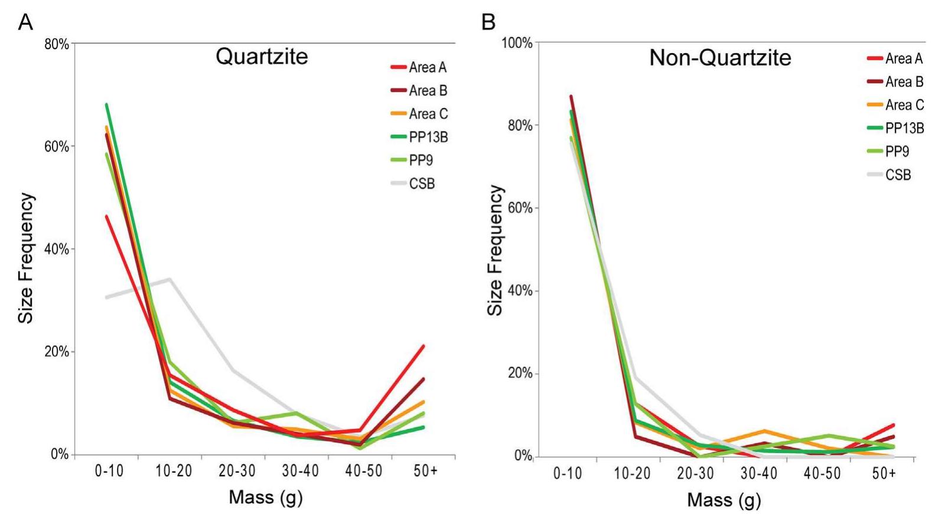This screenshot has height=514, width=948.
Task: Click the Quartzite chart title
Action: [x=262, y=57]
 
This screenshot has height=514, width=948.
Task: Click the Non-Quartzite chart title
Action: [x=719, y=58]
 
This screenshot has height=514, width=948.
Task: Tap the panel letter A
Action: [x=25, y=22]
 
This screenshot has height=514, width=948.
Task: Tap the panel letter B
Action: [x=488, y=22]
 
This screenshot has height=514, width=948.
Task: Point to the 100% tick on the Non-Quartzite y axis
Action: [x=517, y=43]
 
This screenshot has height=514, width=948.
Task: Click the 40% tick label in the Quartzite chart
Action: [x=57, y=249]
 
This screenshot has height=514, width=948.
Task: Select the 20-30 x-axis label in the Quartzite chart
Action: [x=237, y=471]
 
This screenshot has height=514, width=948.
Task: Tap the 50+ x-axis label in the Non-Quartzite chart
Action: [x=884, y=473]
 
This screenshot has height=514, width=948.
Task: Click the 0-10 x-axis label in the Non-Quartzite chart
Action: [x=567, y=473]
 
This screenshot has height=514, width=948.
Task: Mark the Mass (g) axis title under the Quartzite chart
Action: [x=265, y=497]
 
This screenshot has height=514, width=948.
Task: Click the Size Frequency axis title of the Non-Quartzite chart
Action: [x=495, y=250]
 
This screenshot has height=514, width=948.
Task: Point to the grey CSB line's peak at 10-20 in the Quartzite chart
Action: [x=171, y=279]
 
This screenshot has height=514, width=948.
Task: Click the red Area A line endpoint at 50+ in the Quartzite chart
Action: [x=423, y=346]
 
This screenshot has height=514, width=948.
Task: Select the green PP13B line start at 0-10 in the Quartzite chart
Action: [x=107, y=104]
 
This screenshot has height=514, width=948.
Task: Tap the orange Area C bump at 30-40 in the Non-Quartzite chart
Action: [x=764, y=431]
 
